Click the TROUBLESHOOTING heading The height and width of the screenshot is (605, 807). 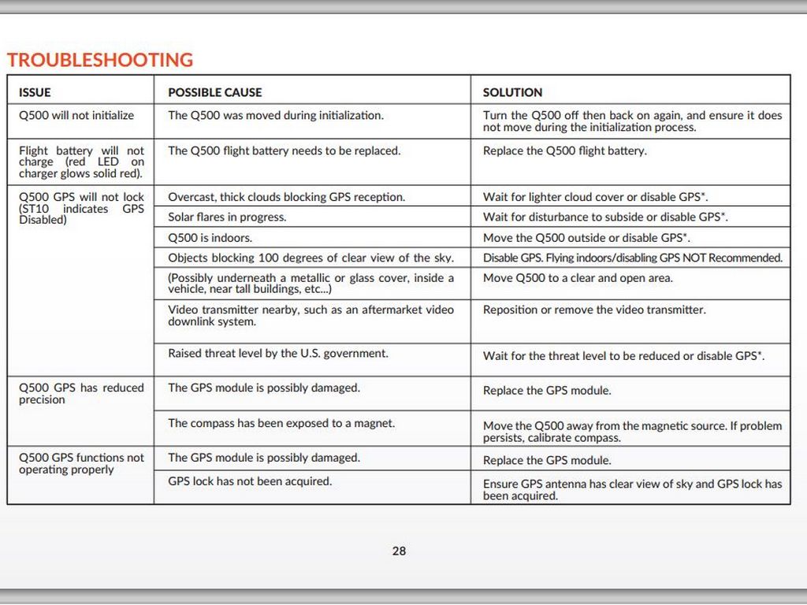(x=100, y=60)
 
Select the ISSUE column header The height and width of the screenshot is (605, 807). (x=35, y=92)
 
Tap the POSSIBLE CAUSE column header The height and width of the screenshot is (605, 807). (x=214, y=92)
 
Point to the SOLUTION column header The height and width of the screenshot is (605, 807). (x=512, y=92)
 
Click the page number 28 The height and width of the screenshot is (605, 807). (x=399, y=551)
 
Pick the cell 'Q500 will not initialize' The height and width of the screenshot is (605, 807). (x=76, y=115)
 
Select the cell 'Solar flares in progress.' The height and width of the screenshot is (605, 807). (x=227, y=217)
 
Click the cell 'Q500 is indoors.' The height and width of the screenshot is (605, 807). (x=210, y=237)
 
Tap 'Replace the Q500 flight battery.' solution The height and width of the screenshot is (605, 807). (x=564, y=150)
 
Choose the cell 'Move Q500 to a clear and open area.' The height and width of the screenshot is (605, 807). (x=578, y=278)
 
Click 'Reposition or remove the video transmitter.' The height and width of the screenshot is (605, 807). (x=594, y=310)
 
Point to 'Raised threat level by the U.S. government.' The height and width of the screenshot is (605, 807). (x=278, y=354)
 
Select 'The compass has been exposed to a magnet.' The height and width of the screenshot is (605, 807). (x=281, y=423)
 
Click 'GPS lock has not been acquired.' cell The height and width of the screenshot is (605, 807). (x=250, y=481)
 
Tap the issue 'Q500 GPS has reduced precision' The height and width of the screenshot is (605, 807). (x=81, y=393)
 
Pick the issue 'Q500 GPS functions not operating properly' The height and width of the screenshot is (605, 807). (x=81, y=463)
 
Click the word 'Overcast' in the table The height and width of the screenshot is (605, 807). (x=190, y=197)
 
